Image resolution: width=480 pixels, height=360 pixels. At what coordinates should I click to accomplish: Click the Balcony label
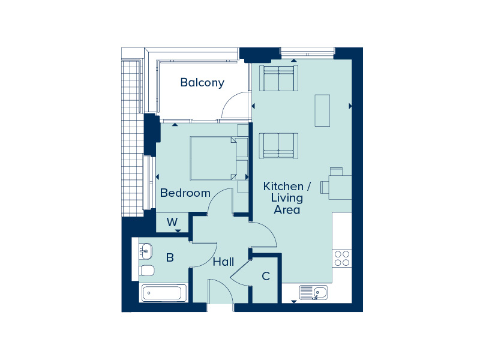(202, 83)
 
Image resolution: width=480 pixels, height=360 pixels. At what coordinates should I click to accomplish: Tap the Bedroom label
(185, 193)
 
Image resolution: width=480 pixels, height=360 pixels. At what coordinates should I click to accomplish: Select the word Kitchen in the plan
(283, 186)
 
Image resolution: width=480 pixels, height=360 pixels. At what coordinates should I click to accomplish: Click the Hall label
(223, 262)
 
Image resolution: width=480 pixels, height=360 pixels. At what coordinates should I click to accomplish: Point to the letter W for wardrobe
(172, 221)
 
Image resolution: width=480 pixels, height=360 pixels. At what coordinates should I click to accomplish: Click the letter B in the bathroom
(170, 257)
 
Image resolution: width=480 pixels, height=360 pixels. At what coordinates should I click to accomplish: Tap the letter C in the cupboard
(266, 276)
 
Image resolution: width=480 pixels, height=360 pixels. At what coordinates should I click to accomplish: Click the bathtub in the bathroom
(164, 293)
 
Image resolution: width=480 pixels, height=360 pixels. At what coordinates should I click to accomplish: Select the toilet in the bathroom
(146, 271)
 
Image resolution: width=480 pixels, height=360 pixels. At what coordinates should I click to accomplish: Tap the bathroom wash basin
(145, 251)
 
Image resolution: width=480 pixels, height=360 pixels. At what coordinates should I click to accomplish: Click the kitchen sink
(313, 292)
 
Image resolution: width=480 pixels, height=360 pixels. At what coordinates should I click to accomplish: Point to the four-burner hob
(342, 258)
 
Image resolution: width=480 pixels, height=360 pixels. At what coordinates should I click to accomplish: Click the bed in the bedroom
(214, 158)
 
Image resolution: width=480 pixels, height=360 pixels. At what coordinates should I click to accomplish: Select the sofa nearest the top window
(278, 78)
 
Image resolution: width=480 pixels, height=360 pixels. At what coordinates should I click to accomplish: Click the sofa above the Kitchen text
(278, 146)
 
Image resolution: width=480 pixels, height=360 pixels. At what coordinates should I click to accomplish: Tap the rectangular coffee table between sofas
(322, 110)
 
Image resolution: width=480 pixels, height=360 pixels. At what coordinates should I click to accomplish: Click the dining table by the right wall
(340, 187)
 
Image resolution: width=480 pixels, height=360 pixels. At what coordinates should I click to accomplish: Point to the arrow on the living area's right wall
(350, 106)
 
